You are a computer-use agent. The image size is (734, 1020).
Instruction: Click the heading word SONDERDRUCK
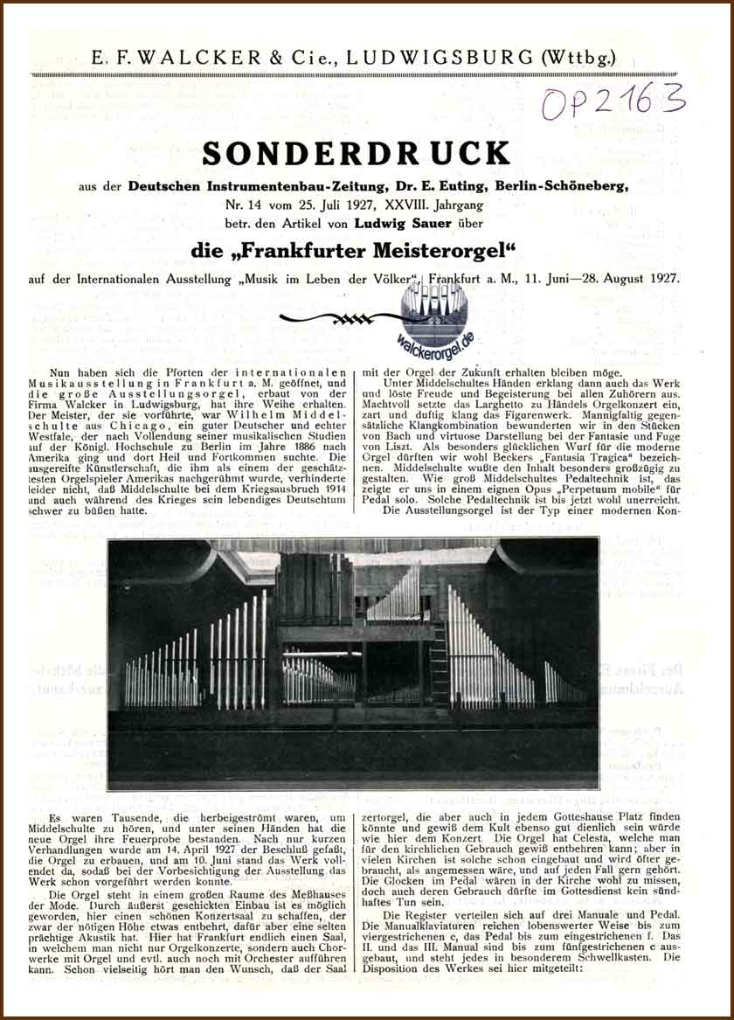[x=356, y=154]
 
